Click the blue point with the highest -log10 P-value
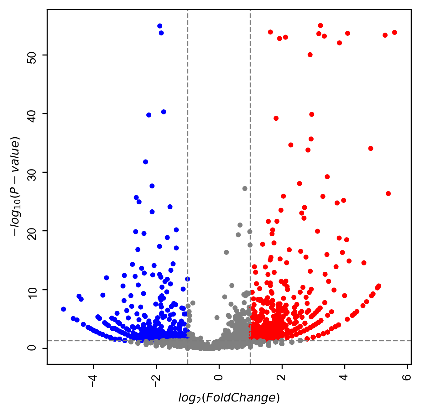pos(160,26)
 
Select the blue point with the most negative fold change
pos(64,309)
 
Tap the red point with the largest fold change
pos(394,33)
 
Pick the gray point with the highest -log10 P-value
pos(245,188)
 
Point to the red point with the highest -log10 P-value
pos(320,26)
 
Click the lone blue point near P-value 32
pos(146,162)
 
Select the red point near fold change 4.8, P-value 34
pos(371,148)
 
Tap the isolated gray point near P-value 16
pos(226,252)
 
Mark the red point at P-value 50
pos(310,55)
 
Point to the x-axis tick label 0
pos(219,377)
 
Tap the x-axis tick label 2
pos(282,377)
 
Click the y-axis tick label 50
pos(32,55)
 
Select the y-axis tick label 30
pos(32,172)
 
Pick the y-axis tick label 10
pos(32,290)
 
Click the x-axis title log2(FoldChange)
pos(229,398)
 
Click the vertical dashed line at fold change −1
pos(188,125)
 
